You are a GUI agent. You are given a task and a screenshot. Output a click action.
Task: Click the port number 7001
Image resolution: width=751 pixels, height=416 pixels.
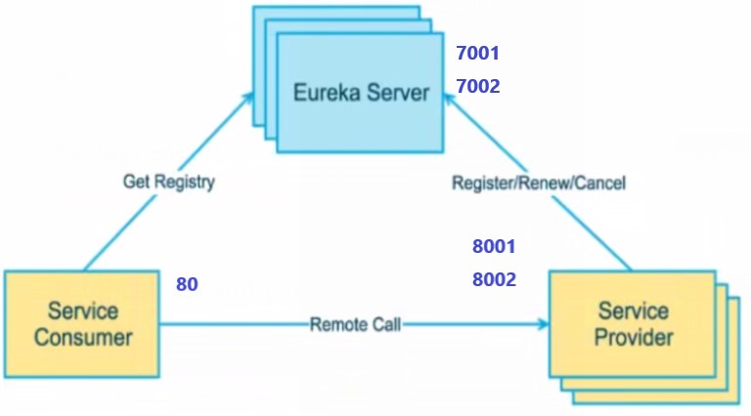(478, 53)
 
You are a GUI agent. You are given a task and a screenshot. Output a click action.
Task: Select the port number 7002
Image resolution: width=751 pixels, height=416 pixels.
(478, 87)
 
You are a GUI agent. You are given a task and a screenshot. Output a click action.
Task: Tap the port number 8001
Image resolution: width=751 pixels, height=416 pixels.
(493, 247)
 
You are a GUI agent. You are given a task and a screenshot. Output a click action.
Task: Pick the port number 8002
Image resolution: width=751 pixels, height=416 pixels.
(493, 280)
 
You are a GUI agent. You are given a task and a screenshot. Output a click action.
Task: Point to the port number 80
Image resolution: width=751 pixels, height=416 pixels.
(187, 285)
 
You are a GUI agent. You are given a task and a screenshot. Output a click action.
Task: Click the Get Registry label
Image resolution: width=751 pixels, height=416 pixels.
(169, 182)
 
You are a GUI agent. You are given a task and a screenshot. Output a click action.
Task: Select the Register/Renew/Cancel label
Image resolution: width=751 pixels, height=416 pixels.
(539, 183)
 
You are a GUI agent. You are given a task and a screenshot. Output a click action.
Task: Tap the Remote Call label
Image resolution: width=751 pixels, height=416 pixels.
(355, 324)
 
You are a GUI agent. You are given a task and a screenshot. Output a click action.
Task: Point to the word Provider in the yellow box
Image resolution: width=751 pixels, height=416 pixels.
(634, 338)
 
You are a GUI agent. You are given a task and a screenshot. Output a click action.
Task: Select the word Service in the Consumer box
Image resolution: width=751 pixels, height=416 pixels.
(82, 312)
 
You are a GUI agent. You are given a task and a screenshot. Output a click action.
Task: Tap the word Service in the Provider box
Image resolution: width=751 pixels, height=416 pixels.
(634, 312)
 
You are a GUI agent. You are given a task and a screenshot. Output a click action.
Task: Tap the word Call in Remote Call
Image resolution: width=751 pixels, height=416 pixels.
(384, 324)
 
